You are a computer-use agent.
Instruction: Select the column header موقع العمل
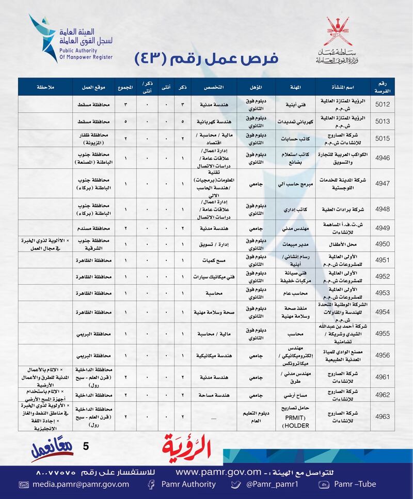coord(93,86)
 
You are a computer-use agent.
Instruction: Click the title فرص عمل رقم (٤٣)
coord(206,58)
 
